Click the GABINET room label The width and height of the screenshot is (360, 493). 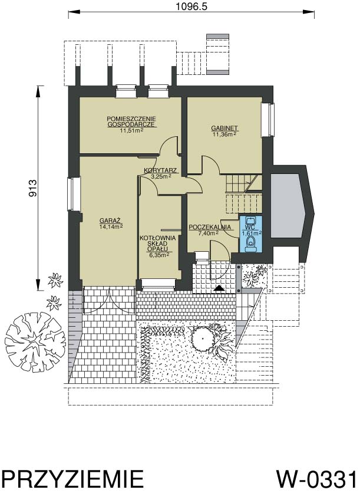point(224,129)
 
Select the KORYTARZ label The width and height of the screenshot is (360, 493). point(160,171)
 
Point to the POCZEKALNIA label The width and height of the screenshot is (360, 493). point(210,227)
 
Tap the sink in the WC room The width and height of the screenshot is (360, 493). point(250,219)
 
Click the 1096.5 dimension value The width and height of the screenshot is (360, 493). point(191,6)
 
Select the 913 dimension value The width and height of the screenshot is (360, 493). point(33,188)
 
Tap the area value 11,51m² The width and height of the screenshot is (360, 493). point(131,130)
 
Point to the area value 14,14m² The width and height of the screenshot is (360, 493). point(111,226)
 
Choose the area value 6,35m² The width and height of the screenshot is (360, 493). point(158,255)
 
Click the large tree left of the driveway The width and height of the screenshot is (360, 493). point(35,342)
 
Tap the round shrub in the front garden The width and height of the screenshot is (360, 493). point(203,339)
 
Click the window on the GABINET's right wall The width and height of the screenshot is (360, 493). point(269,120)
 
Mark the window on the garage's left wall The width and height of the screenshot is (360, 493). point(74,193)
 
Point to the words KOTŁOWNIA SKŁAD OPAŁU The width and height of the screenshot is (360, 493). point(158,244)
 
